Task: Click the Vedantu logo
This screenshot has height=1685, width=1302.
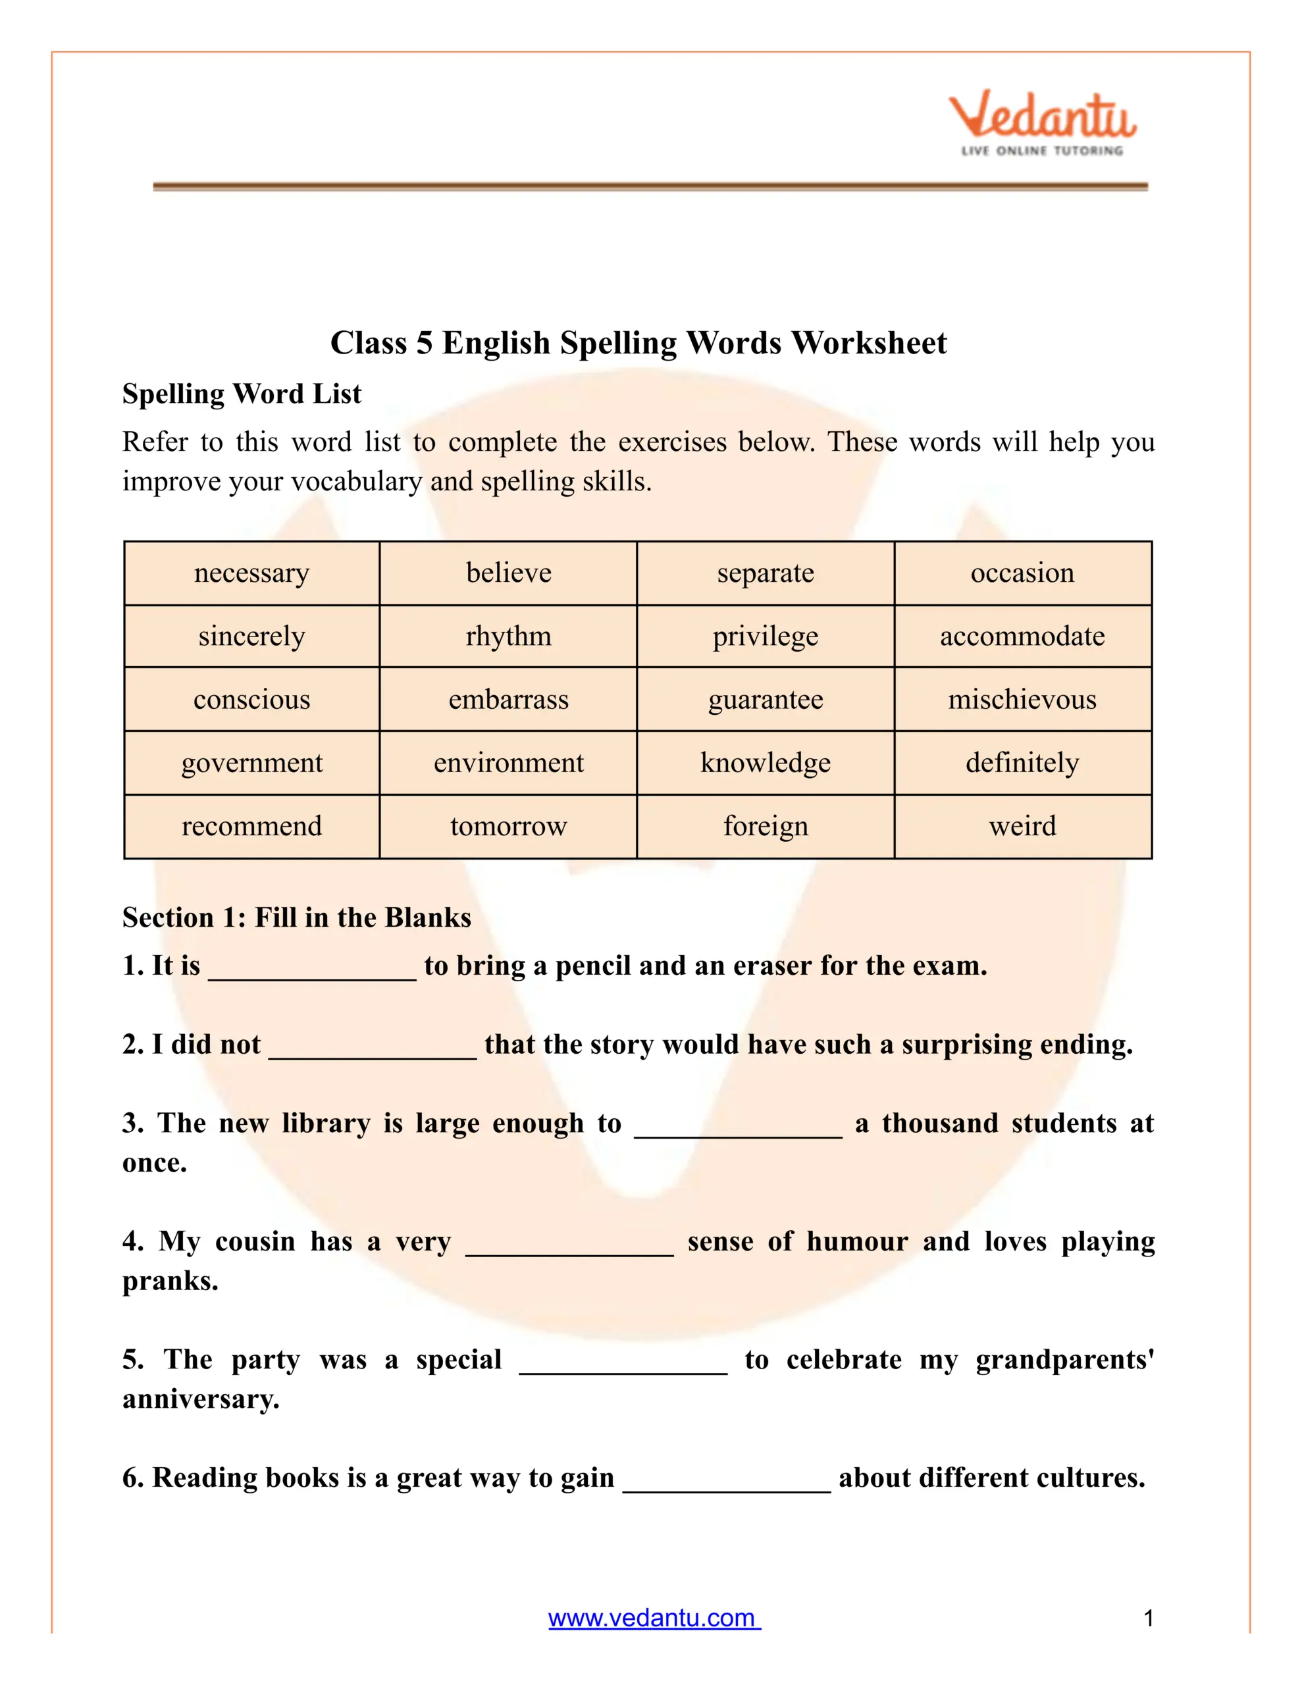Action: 1042,124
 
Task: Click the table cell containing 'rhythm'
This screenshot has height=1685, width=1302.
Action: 509,636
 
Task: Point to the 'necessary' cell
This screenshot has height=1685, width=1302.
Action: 251,573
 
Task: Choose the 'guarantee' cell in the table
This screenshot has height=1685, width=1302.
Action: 766,700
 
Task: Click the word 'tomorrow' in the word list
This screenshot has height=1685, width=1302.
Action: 509,826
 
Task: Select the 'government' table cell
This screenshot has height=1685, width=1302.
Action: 251,763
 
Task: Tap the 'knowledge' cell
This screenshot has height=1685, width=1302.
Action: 766,763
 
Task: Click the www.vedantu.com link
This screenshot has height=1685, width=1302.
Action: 654,1617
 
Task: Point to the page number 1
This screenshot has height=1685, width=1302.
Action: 1149,1618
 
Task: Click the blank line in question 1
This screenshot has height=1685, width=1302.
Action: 313,974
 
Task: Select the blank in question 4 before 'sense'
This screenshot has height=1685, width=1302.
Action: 569,1250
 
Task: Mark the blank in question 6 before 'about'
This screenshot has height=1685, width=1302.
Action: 726,1487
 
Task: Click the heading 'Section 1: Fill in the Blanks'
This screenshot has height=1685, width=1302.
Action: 296,918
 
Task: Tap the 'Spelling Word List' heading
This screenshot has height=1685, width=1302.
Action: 242,394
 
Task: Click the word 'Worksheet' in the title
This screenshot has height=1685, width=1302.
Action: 869,342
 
